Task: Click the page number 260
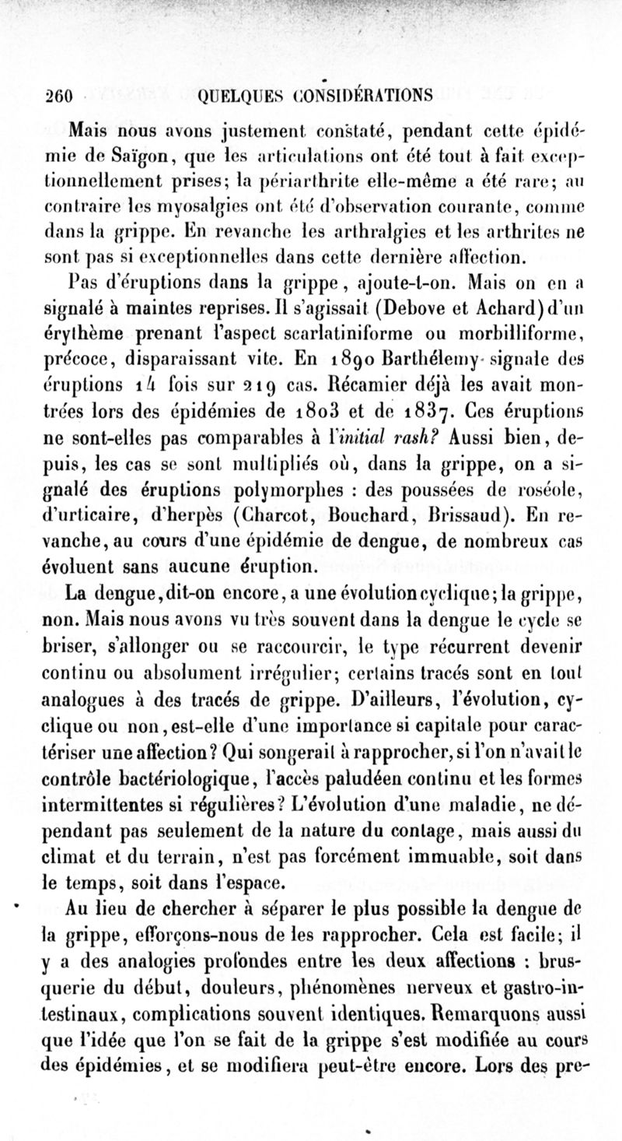(58, 95)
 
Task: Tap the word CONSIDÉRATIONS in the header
(365, 95)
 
